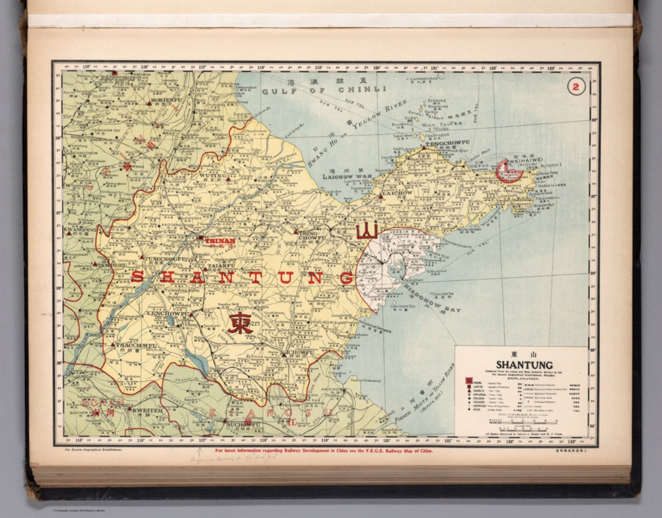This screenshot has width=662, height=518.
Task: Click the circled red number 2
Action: tap(576, 87)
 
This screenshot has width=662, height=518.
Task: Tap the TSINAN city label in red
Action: tap(220, 241)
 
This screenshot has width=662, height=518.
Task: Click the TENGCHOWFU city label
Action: tap(447, 143)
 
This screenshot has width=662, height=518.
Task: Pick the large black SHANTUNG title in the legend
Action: tap(524, 365)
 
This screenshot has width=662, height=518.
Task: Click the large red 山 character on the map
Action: tap(367, 231)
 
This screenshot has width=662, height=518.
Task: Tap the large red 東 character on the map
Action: tap(240, 323)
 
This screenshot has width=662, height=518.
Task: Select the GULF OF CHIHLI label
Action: tap(324, 90)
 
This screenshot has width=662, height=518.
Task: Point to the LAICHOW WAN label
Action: tap(347, 177)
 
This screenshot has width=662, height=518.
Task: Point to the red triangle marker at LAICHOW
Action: tap(381, 196)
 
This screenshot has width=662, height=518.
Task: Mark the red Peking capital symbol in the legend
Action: tap(468, 382)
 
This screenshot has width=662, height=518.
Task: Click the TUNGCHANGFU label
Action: tap(165, 259)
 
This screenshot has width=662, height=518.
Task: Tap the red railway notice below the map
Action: tap(324, 451)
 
